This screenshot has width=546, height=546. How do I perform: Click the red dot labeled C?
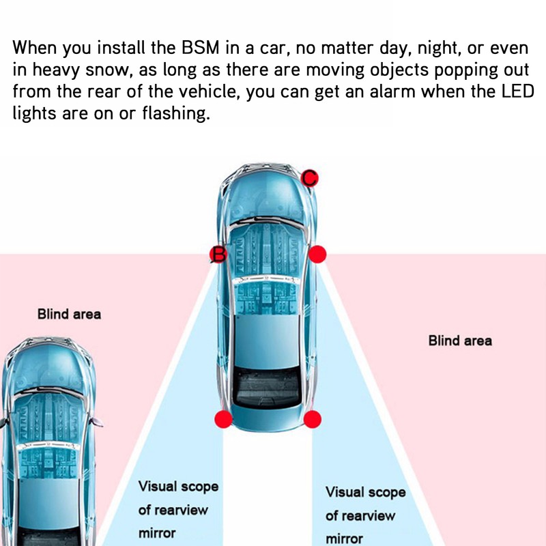[x=310, y=178]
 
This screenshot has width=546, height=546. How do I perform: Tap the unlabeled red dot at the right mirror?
[x=318, y=255]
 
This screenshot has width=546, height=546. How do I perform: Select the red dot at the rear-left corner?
[x=223, y=420]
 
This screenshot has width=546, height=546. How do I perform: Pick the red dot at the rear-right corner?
[x=313, y=420]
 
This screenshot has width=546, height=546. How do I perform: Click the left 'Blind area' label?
[x=69, y=315]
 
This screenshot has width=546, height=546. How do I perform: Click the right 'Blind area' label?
[x=460, y=341]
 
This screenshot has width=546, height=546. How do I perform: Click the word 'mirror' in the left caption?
[x=157, y=533]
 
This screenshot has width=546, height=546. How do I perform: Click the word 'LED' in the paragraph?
[x=515, y=91]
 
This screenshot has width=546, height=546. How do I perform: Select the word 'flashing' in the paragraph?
[x=175, y=113]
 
